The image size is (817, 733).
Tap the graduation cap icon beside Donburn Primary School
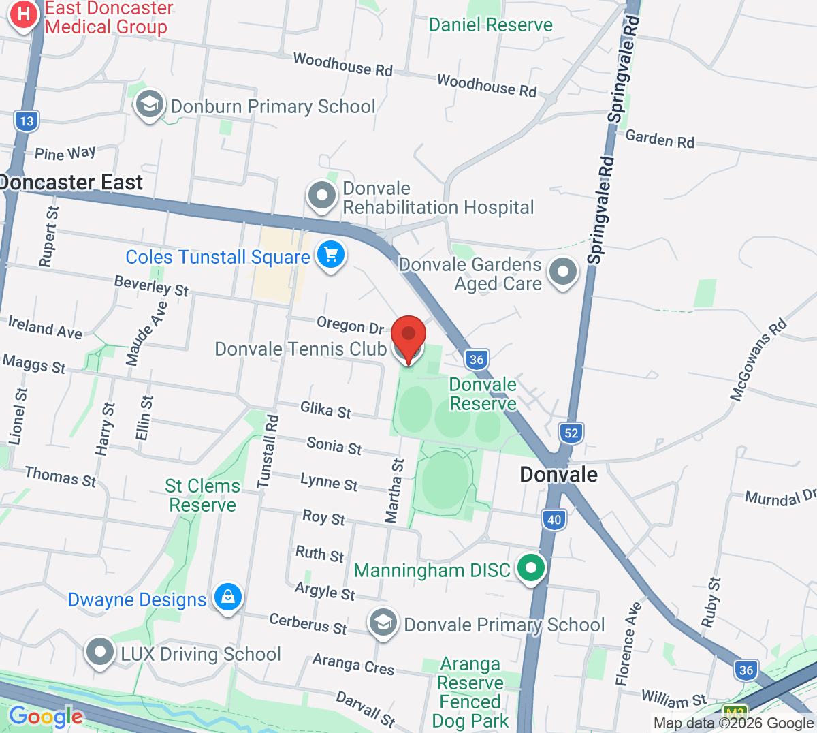pyautogui.click(x=148, y=105)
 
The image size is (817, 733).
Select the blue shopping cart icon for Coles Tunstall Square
pyautogui.click(x=331, y=255)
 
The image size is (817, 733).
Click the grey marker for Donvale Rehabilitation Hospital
pyautogui.click(x=322, y=196)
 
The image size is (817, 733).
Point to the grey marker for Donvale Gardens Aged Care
pyautogui.click(x=563, y=272)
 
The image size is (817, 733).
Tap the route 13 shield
pyautogui.click(x=27, y=121)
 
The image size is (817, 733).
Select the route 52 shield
pyautogui.click(x=571, y=433)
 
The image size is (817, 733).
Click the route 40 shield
pyautogui.click(x=554, y=520)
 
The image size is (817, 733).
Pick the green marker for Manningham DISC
pyautogui.click(x=531, y=567)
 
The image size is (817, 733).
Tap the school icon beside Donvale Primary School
pyautogui.click(x=383, y=623)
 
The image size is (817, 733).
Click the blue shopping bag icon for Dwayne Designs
pyautogui.click(x=227, y=597)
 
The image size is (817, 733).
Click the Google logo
pyautogui.click(x=46, y=717)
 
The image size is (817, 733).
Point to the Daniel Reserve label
pyautogui.click(x=490, y=25)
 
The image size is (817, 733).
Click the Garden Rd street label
pyautogui.click(x=660, y=139)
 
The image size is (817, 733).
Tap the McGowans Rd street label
pyautogui.click(x=758, y=359)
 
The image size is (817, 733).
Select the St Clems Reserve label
pyautogui.click(x=202, y=495)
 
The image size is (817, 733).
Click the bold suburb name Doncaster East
pyautogui.click(x=71, y=183)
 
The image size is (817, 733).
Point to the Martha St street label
pyautogui.click(x=394, y=490)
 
